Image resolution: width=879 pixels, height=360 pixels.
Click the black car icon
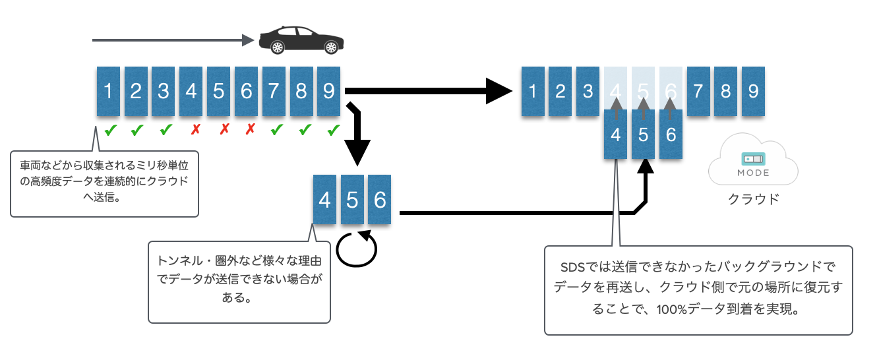(x=301, y=40)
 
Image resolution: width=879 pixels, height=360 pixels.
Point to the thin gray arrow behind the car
(x=171, y=40)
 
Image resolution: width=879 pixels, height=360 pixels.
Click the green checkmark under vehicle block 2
(x=136, y=131)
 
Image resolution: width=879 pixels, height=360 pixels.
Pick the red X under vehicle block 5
(x=224, y=131)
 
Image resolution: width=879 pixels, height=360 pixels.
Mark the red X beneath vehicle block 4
(x=195, y=131)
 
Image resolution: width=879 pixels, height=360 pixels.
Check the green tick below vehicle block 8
(x=305, y=131)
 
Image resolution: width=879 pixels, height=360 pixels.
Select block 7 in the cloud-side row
(x=698, y=91)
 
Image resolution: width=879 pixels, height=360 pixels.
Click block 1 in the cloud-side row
(x=531, y=91)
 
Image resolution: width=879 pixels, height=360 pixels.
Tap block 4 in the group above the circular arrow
(x=324, y=199)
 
